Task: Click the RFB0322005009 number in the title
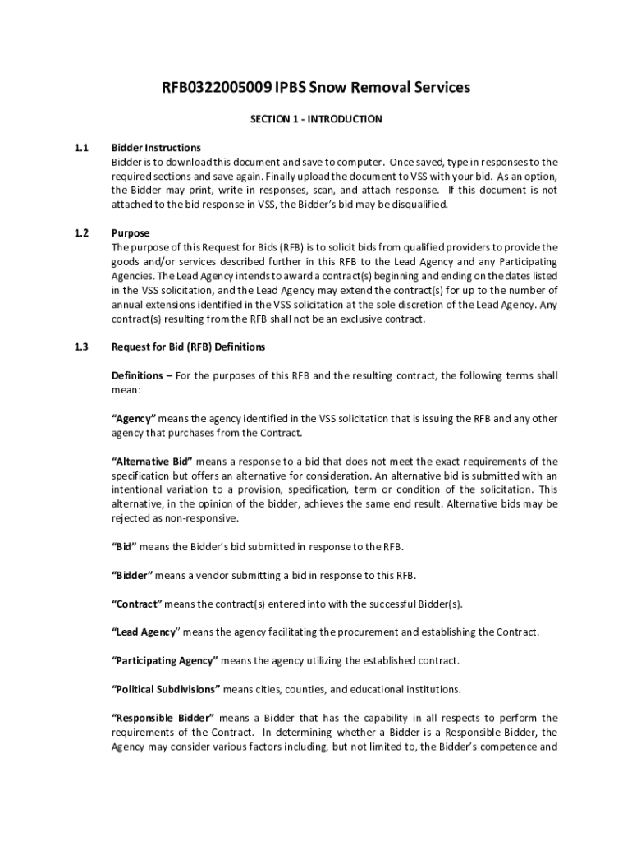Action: [x=217, y=88]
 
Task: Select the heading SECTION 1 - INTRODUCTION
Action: [x=316, y=119]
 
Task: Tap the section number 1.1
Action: [x=80, y=148]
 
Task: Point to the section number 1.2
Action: [x=80, y=233]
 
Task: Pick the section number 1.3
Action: [x=80, y=347]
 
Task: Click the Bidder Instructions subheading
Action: [x=156, y=148]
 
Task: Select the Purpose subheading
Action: [x=131, y=233]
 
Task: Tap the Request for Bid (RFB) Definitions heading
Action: [x=188, y=347]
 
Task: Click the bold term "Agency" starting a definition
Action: [x=133, y=419]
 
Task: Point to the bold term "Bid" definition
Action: [x=124, y=547]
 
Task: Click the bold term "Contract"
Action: [x=137, y=604]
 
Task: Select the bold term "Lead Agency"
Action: [x=145, y=632]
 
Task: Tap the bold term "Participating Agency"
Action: [x=164, y=660]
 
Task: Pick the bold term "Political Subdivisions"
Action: [x=166, y=689]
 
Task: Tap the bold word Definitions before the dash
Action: [x=137, y=376]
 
